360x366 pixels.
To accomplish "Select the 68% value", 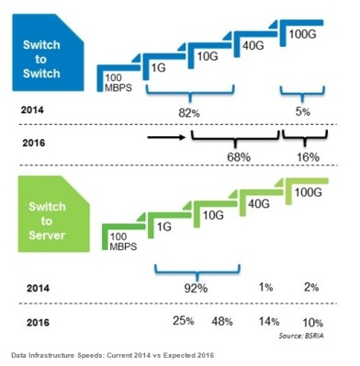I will [x=238, y=156].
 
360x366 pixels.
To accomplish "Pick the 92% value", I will [x=195, y=287].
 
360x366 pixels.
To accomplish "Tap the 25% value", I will [x=181, y=321].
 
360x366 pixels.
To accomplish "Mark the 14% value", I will [x=268, y=321].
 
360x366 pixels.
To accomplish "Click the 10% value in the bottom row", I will [x=313, y=321].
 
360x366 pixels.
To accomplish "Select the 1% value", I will [x=265, y=287].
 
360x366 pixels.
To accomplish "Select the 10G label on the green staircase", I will [x=212, y=215].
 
